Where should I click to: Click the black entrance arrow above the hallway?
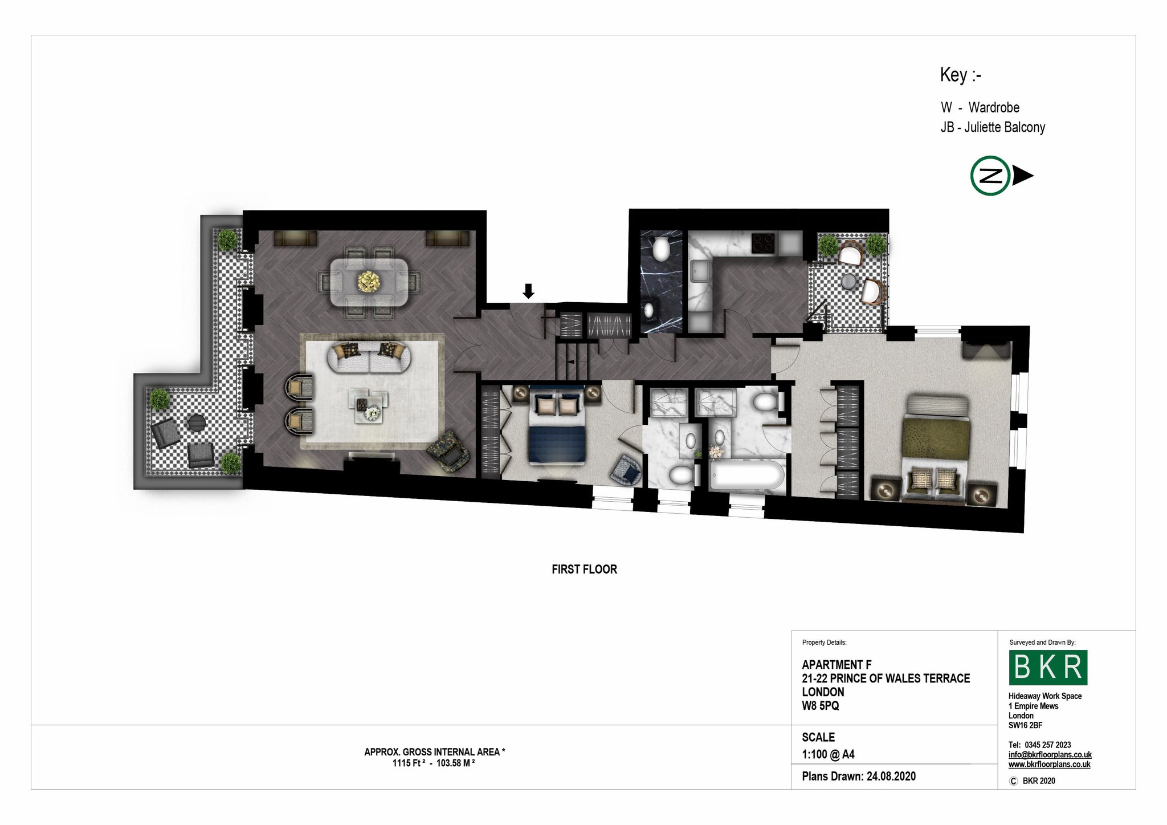click(529, 291)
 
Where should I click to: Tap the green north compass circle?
click(991, 176)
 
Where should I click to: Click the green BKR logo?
click(1048, 667)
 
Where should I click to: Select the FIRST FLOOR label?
click(584, 569)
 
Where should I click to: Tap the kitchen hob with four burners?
click(764, 243)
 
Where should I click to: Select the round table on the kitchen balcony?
click(850, 281)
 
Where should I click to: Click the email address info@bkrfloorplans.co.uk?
click(1050, 754)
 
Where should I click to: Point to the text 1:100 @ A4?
click(828, 754)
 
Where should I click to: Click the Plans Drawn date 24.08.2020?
click(891, 776)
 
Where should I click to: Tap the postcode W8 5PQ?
click(821, 705)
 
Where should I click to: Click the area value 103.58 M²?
click(456, 763)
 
